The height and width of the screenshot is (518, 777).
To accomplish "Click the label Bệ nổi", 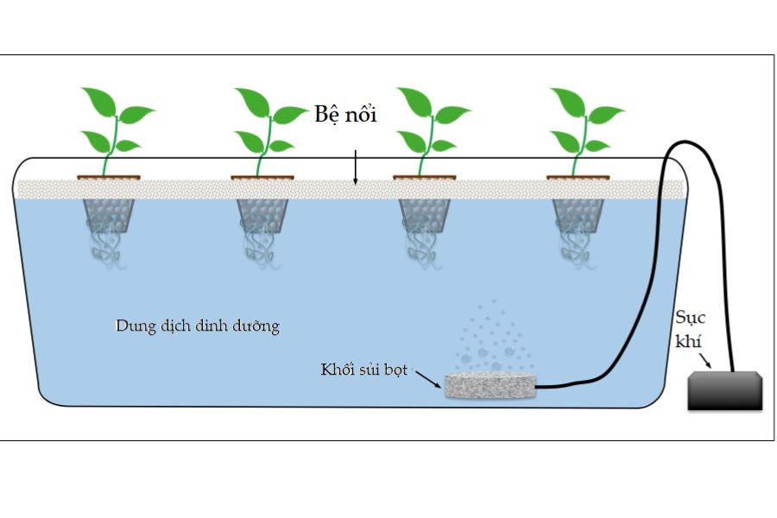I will (x=344, y=116).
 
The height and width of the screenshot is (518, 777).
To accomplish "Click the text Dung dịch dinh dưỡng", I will (x=198, y=326).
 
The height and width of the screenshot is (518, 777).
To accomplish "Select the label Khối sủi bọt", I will (x=363, y=370).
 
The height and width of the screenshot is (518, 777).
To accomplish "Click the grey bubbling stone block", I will (x=490, y=384).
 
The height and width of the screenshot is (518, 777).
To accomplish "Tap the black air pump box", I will (x=725, y=390).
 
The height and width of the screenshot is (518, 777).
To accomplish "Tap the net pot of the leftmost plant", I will (x=106, y=215).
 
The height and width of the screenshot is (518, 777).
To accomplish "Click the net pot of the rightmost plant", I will (x=578, y=215).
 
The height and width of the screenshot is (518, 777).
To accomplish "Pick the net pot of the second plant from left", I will (x=262, y=215).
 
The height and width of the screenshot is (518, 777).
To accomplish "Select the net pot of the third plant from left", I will (x=425, y=215).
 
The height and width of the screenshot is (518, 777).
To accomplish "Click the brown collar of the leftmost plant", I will (x=108, y=178).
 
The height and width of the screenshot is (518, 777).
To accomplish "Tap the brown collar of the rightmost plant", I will (x=578, y=178).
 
